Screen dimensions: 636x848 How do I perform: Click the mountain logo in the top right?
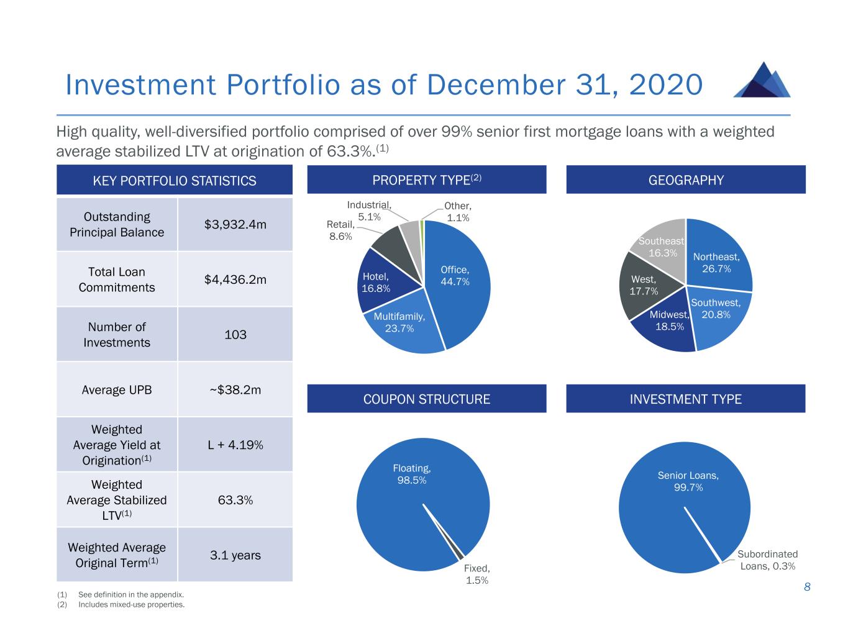(762, 80)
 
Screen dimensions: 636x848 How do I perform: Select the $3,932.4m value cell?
(235, 224)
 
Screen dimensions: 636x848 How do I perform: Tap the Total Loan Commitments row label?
(117, 279)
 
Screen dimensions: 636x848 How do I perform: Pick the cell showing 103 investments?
(235, 335)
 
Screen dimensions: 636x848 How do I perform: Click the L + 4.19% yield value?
(235, 445)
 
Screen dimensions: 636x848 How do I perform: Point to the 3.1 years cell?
(235, 555)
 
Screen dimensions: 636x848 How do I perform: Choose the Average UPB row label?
(117, 390)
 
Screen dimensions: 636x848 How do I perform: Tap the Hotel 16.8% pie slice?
(376, 283)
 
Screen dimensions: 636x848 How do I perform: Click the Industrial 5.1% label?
(369, 211)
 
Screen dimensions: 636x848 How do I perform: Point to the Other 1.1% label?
(458, 212)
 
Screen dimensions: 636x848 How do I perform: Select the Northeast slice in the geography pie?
(718, 258)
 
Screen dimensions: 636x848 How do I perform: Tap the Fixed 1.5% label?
(477, 574)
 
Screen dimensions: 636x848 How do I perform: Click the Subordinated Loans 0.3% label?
(768, 560)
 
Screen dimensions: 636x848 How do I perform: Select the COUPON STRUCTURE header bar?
(427, 399)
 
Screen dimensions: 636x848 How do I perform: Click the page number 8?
(807, 587)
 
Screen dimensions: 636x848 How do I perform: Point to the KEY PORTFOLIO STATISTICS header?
(175, 181)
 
